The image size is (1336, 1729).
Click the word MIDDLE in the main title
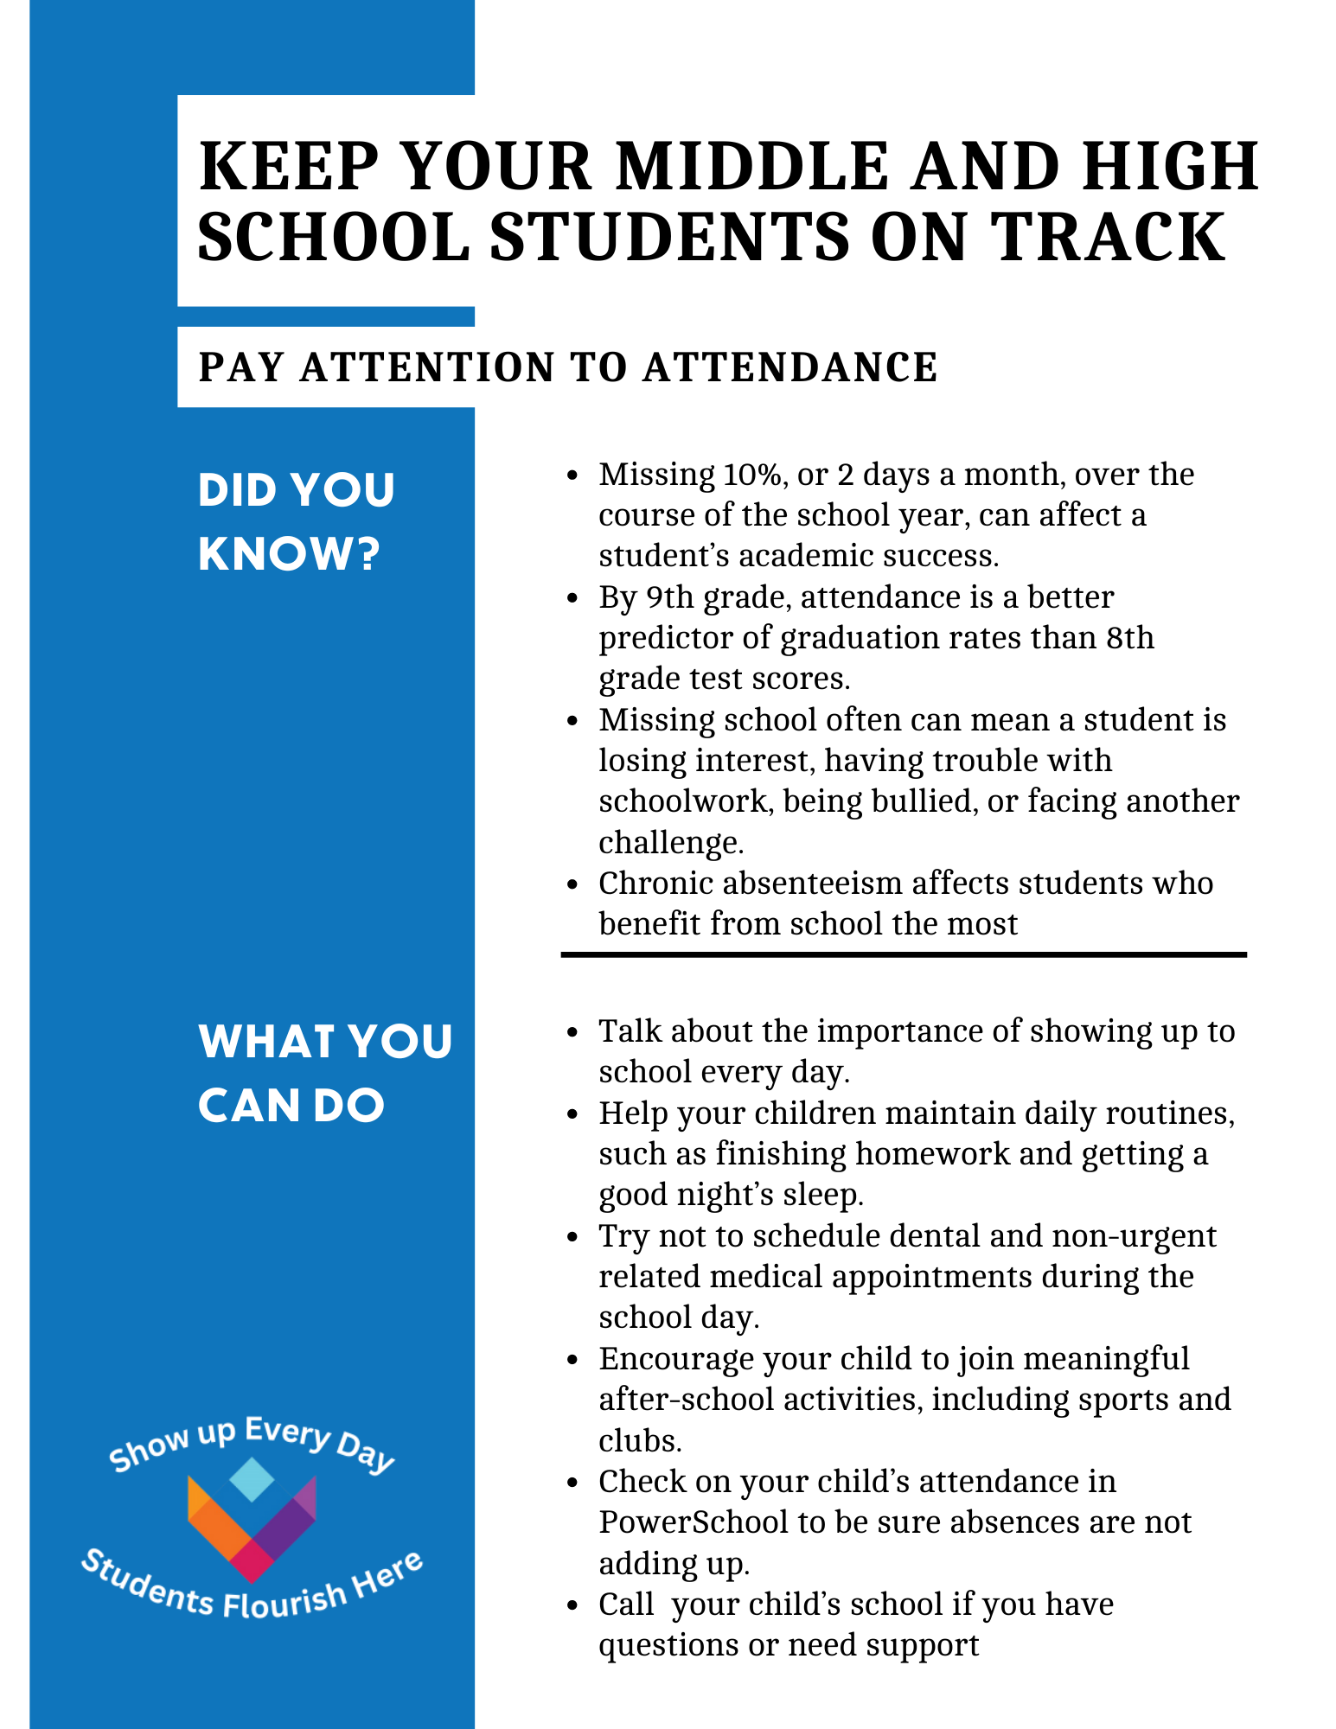pos(751,166)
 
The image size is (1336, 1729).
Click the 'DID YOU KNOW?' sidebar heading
pos(296,521)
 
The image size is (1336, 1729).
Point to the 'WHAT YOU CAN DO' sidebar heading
pos(325,1073)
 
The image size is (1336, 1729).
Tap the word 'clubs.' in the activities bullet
pos(641,1441)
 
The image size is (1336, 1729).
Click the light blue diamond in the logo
pos(252,1479)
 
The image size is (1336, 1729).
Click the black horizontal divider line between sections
pos(903,954)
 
